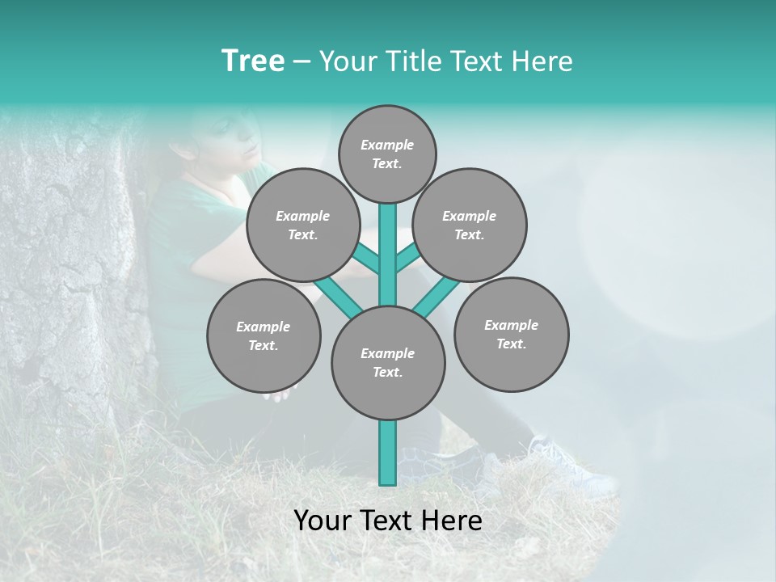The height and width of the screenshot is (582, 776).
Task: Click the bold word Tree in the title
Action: [x=253, y=61]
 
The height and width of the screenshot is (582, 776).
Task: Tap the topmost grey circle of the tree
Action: [x=387, y=154]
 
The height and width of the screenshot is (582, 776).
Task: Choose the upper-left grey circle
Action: [x=302, y=225]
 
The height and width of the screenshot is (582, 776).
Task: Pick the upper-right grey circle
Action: [x=470, y=225]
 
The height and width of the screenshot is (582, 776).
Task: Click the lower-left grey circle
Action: [x=264, y=335]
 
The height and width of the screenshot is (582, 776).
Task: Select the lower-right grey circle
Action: [x=511, y=334]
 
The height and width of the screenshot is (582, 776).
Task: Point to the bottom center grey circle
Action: [x=388, y=362]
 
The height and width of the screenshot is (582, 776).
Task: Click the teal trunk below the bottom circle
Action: [x=388, y=453]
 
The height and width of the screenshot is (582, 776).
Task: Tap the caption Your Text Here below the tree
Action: [x=388, y=521]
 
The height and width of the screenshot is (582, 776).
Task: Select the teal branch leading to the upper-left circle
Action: [x=366, y=259]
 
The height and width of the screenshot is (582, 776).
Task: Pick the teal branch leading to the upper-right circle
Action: [x=407, y=258]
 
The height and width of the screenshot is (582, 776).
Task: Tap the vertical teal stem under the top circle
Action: [x=388, y=251]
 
